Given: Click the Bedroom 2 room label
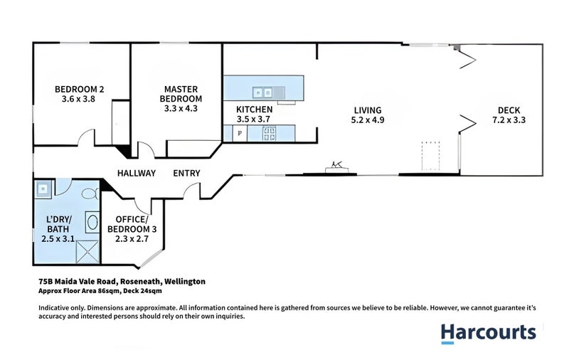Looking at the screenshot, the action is pos(79,89).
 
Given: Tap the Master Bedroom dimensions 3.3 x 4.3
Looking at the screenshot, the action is pos(181,108).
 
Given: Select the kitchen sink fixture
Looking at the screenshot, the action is pos(262,93).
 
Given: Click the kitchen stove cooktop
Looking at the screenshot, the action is pos(269,133).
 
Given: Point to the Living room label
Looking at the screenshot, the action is pos(368,110).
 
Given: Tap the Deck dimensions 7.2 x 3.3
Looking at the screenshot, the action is pos(509,120).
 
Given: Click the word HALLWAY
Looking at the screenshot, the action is pos(137,173).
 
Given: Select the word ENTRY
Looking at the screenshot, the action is pos(186,173).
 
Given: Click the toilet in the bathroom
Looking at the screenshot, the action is pos(90,194).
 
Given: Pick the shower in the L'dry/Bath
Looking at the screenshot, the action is pos(87,251).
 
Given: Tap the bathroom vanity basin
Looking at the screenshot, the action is pos(92,222).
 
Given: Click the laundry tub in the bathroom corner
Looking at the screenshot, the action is pos(43,189).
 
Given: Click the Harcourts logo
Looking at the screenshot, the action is pos(489,334).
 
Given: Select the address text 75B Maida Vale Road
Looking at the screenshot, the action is pos(78,281).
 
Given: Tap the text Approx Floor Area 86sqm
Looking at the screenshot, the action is pos(80,291).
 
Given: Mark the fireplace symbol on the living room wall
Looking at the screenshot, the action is pos(337,168).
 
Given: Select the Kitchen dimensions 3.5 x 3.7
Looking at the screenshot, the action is pos(253,119).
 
